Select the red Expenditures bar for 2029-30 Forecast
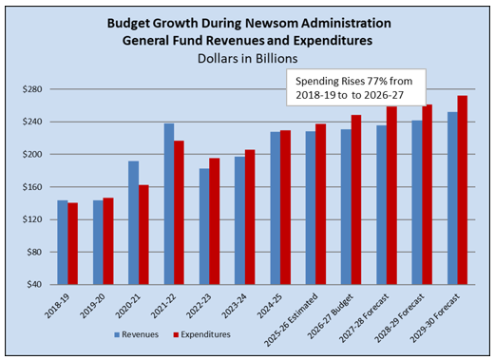[462, 190]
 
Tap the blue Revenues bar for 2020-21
[133, 223]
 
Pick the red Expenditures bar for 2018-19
[73, 243]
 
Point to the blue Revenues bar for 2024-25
[275, 208]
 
